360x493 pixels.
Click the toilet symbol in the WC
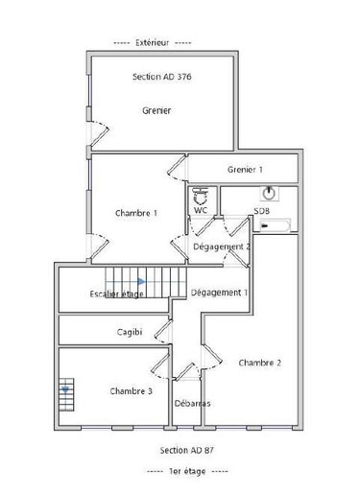click(x=201, y=196)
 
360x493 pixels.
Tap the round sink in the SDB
click(x=269, y=193)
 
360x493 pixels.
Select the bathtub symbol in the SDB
click(x=275, y=225)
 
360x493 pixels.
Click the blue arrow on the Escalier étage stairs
click(x=141, y=281)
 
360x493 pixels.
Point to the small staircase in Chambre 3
click(x=66, y=394)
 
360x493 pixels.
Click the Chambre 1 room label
click(x=136, y=213)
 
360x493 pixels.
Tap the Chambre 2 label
click(x=260, y=363)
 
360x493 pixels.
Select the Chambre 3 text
click(x=132, y=391)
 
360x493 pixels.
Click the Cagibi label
click(x=130, y=332)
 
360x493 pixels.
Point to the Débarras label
click(x=193, y=403)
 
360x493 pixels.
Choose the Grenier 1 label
click(x=245, y=170)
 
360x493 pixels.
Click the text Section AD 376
click(x=162, y=77)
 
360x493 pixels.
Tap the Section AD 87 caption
click(x=187, y=450)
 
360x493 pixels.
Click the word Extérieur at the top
click(x=153, y=42)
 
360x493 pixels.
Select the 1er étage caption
click(x=187, y=471)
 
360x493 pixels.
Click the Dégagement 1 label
click(x=220, y=293)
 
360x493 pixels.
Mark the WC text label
click(x=201, y=210)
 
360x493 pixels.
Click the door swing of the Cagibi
click(x=162, y=332)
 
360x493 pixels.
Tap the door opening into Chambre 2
click(x=212, y=358)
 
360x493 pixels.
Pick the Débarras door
click(x=186, y=371)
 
